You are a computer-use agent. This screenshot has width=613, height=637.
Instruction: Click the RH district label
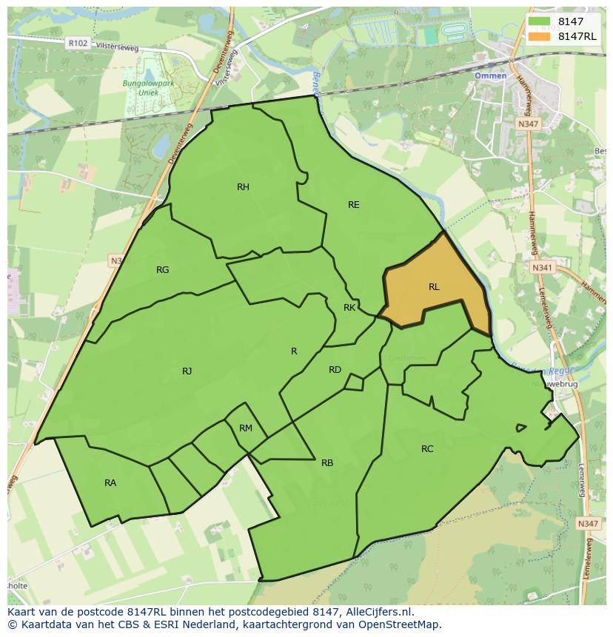[243, 187]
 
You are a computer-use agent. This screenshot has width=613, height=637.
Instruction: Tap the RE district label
[354, 205]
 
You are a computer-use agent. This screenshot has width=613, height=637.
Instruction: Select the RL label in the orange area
[434, 287]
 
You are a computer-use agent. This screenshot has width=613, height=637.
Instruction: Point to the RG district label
[163, 270]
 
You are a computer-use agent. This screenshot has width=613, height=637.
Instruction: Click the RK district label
[349, 308]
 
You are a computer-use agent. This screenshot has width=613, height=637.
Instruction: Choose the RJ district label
[187, 371]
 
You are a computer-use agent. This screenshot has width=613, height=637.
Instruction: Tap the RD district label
[335, 370]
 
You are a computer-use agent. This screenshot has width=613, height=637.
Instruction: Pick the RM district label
[246, 428]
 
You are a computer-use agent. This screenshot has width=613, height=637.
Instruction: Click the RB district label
[327, 464]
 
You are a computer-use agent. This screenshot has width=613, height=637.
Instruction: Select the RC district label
[427, 449]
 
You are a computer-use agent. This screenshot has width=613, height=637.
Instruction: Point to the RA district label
[110, 483]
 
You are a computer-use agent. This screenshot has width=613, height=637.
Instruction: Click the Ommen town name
[490, 76]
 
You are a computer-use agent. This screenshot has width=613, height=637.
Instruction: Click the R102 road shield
[77, 44]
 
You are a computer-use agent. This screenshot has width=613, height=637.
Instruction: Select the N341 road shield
[541, 267]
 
